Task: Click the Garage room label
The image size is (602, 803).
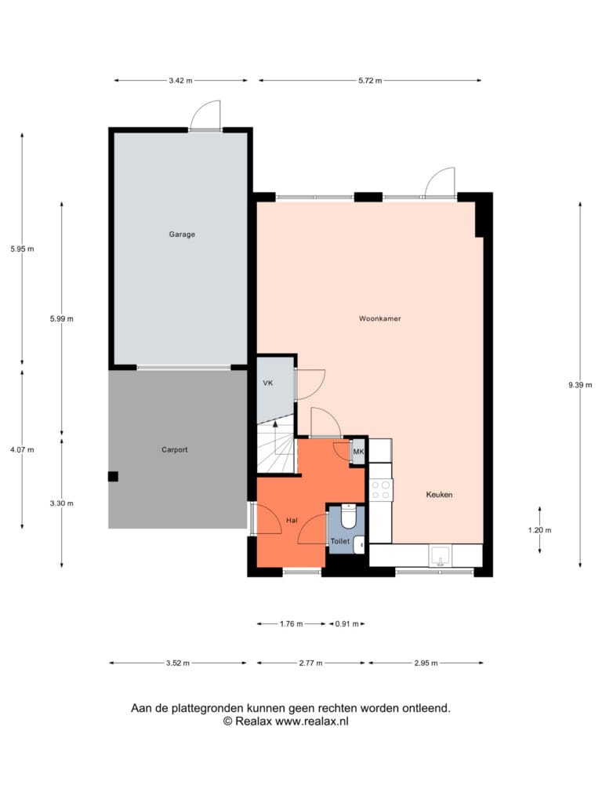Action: click(x=182, y=234)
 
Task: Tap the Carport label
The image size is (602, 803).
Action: click(x=175, y=449)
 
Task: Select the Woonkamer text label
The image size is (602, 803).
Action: click(x=380, y=318)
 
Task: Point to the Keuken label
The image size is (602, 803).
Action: click(x=439, y=495)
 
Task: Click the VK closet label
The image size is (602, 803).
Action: click(x=268, y=383)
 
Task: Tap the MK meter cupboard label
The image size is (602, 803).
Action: click(x=358, y=452)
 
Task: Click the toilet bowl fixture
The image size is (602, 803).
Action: click(x=349, y=517)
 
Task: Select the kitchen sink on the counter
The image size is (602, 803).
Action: click(x=441, y=556)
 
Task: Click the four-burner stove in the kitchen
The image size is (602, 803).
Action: click(x=381, y=489)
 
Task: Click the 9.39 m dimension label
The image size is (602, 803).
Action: click(x=580, y=385)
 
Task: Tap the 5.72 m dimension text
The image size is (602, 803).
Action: click(x=370, y=81)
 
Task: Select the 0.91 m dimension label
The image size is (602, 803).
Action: click(x=346, y=623)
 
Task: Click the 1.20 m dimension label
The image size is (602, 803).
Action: click(x=539, y=531)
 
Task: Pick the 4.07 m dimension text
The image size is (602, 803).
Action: click(x=22, y=449)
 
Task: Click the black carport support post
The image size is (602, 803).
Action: click(x=113, y=476)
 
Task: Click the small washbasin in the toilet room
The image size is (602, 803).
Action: click(x=359, y=545)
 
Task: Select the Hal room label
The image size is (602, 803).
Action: click(x=292, y=521)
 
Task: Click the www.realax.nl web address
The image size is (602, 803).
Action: click(x=312, y=721)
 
